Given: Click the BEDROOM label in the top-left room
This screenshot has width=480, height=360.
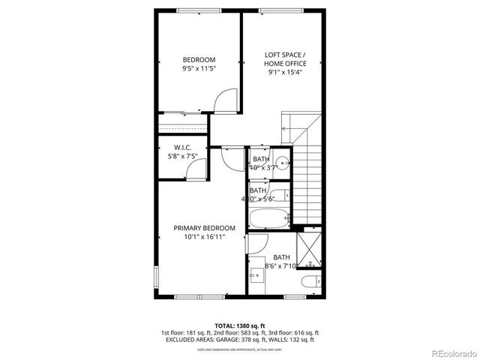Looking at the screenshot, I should pos(199,60).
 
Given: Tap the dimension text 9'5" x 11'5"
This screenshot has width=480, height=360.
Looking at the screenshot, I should pos(199,70).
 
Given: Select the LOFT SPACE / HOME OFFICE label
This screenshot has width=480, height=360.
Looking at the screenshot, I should pos(285,59).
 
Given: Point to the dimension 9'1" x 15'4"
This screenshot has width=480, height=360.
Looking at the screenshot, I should pos(285,73).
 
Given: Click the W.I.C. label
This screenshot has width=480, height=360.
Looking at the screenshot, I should pos(183,148).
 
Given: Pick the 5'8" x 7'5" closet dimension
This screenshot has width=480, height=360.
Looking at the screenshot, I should pos(183,157).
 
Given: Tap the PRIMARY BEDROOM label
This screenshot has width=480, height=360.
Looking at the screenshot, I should pos(204,228).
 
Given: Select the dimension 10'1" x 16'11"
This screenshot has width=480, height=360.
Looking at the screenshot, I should pos(204,237).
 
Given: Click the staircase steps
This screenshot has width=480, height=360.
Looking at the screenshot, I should pos(308,184).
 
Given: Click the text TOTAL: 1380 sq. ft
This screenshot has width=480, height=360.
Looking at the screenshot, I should pos(239,325).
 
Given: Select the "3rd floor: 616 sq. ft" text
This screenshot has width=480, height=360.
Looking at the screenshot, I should pos(292,332).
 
